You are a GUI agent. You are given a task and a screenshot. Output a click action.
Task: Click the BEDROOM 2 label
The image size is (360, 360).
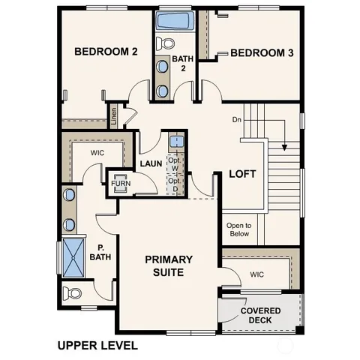[x=106, y=52]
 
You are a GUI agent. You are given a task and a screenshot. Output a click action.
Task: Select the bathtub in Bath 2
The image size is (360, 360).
[x=175, y=19]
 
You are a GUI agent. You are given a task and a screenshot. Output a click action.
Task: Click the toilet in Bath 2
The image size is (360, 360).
[x=167, y=42]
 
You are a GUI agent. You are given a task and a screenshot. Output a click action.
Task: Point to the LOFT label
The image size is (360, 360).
[x=242, y=173]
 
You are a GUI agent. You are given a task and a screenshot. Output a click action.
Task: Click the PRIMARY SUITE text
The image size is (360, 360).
[x=169, y=266]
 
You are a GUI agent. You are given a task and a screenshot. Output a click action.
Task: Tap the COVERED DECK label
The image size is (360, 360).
[x=261, y=316]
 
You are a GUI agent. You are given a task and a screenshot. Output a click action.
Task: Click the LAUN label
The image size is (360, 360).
[x=151, y=163]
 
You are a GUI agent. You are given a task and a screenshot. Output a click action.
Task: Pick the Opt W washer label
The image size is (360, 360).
[x=174, y=165]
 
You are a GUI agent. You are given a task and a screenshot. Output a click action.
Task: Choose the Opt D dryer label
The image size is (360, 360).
[x=174, y=184]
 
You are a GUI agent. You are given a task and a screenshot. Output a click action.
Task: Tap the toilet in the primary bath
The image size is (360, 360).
[x=70, y=292]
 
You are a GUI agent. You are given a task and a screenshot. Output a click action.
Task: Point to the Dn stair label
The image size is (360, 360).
[x=237, y=119]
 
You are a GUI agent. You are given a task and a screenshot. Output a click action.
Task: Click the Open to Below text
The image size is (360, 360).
[x=239, y=229]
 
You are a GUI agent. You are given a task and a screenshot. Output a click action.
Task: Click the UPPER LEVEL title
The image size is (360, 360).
[x=97, y=346]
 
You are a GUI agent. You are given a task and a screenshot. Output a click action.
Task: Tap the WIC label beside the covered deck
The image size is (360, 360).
[x=257, y=274]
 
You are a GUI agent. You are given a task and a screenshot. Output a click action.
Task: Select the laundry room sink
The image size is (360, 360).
[x=174, y=140]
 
